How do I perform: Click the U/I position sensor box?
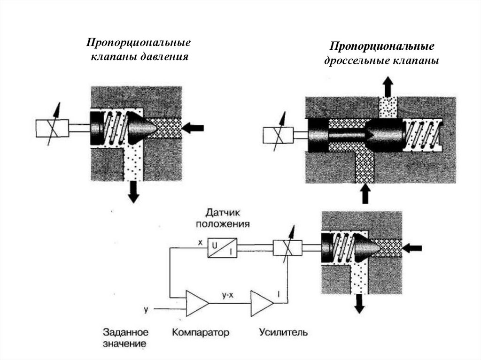[x=222, y=247]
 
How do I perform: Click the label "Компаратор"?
[x=201, y=333]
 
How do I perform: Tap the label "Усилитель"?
[x=283, y=333]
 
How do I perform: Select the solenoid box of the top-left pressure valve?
[x=52, y=127]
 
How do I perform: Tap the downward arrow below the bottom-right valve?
[x=359, y=304]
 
